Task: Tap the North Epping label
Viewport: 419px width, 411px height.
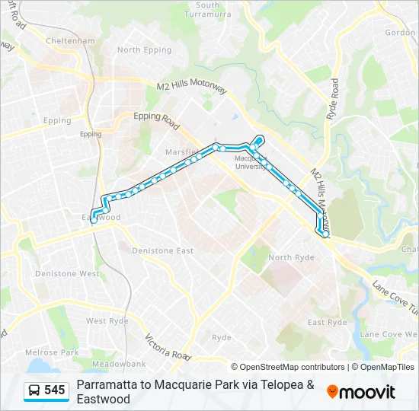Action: (139, 49)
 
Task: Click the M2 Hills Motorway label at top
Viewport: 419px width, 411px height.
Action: (191, 88)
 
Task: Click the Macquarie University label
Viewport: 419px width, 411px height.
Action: (251, 162)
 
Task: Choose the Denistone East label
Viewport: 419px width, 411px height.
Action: (162, 250)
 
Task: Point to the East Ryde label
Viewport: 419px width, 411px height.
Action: (328, 323)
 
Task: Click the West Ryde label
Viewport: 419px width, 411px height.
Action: (107, 321)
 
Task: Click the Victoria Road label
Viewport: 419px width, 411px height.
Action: (168, 347)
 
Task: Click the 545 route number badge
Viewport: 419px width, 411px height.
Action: (55, 390)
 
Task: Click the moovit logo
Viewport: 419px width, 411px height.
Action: (361, 392)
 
